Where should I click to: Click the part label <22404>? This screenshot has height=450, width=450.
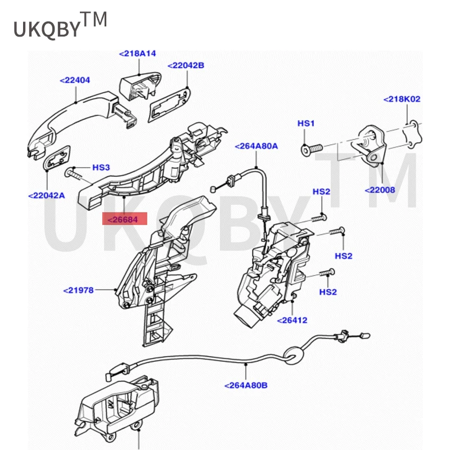coord(75,80)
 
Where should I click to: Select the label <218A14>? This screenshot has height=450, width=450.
coord(137,53)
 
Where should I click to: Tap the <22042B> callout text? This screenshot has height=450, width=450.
coord(186,65)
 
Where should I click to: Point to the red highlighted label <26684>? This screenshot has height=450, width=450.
coord(125,219)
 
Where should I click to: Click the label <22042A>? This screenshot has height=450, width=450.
coord(47,196)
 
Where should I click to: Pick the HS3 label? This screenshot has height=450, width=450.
coord(101,167)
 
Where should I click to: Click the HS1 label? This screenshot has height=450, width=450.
coord(306,123)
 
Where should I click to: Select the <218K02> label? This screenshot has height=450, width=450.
coord(402,100)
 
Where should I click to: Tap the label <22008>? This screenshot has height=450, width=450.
coord(380,190)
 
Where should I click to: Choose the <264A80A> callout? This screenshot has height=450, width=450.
coord(256,146)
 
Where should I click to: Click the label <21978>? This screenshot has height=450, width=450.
coord(78,290)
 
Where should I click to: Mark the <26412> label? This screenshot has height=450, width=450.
coord(292,320)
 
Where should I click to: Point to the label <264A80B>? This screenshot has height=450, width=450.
coord(246,385)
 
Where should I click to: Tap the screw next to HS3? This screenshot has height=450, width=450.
coord(74,173)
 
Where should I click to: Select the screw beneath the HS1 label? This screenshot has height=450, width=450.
coord(312,149)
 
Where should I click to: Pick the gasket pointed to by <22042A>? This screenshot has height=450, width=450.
coord(57,157)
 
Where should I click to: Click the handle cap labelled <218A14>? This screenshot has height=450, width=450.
coord(139,85)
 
